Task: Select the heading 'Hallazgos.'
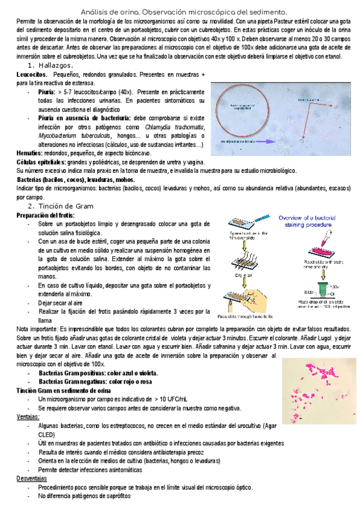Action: [x=55, y=65]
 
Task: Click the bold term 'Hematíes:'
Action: [x=30, y=154]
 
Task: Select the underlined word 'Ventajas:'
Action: [x=28, y=417]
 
